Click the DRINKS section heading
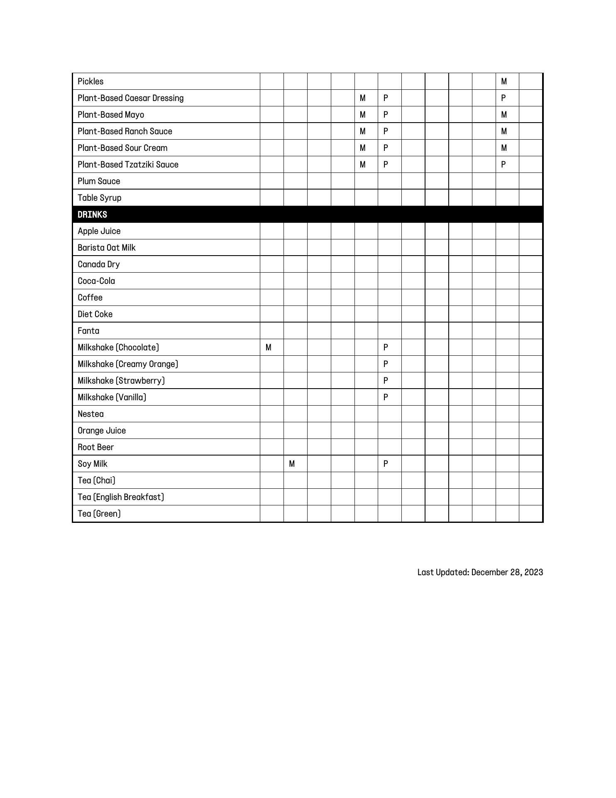92,214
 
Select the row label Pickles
90,81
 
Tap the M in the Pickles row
504,81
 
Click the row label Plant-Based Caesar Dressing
130,98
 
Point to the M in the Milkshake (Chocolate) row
269,347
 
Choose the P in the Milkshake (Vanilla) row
386,397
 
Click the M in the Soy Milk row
292,464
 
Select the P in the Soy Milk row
386,464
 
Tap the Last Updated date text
480,572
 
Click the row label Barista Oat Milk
107,248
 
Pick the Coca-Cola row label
96,281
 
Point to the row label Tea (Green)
99,514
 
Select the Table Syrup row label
100,198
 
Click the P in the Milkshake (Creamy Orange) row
386,364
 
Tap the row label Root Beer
95,447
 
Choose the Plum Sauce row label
99,181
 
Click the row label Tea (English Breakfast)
121,497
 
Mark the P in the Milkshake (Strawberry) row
386,381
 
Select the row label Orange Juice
102,431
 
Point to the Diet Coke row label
95,314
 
